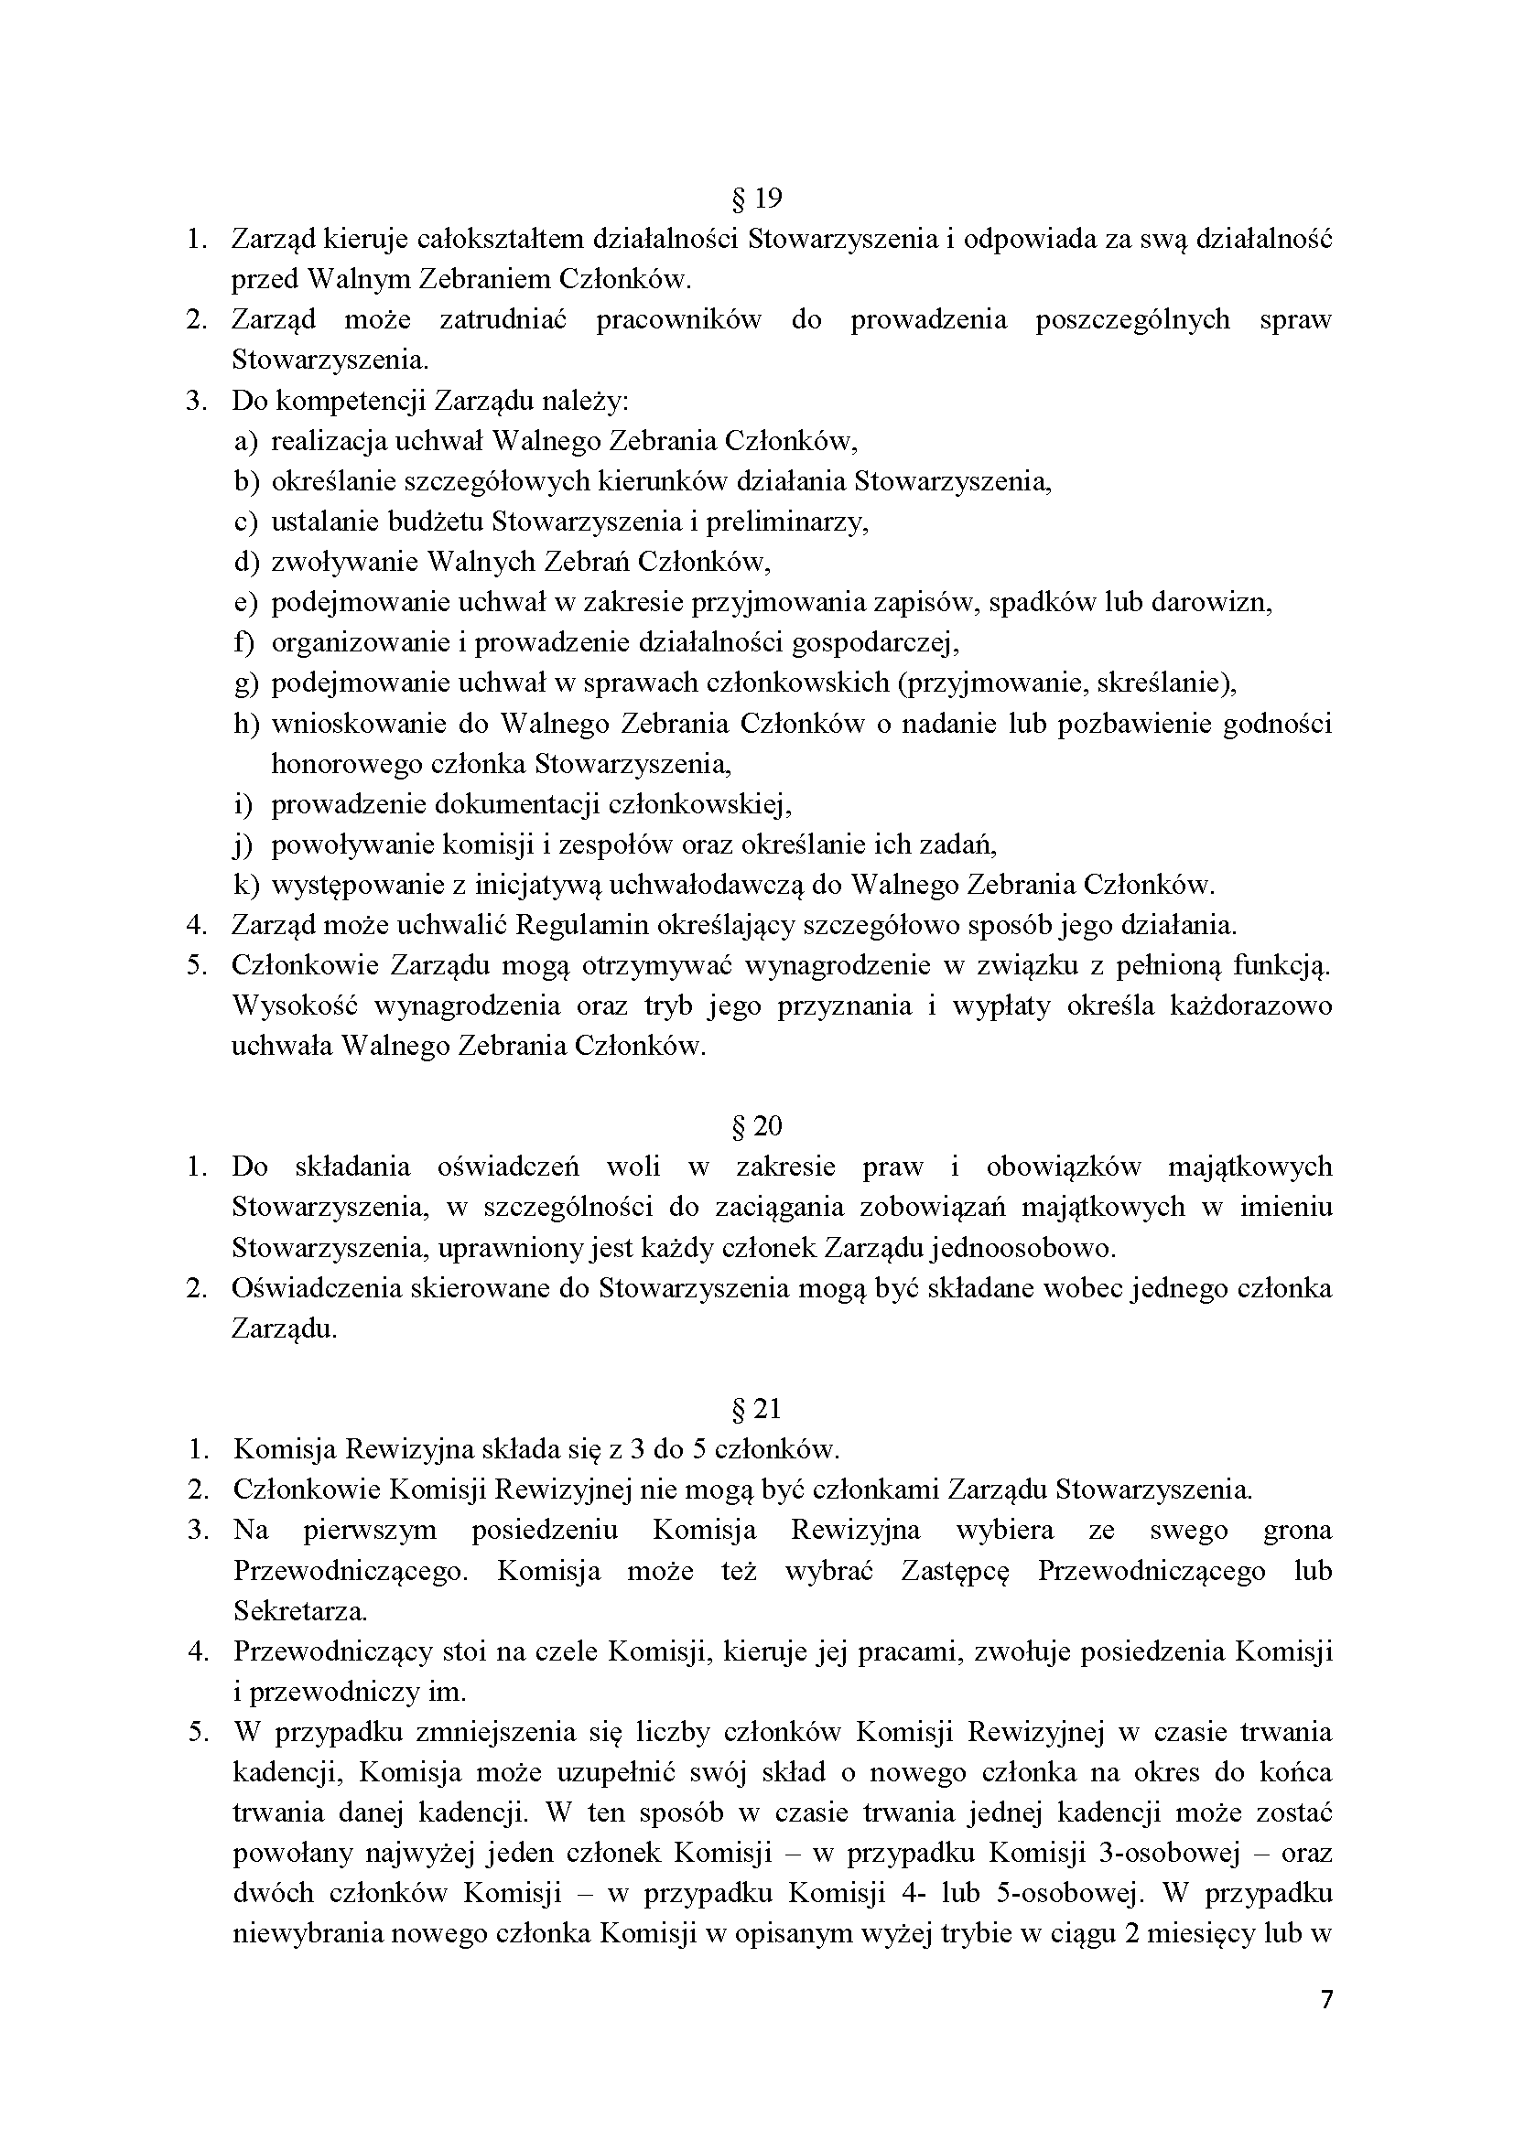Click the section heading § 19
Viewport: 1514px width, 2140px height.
pyautogui.click(x=757, y=199)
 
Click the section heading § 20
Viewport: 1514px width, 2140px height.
pyautogui.click(x=757, y=1127)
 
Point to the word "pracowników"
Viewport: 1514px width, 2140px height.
pyautogui.click(x=677, y=319)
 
